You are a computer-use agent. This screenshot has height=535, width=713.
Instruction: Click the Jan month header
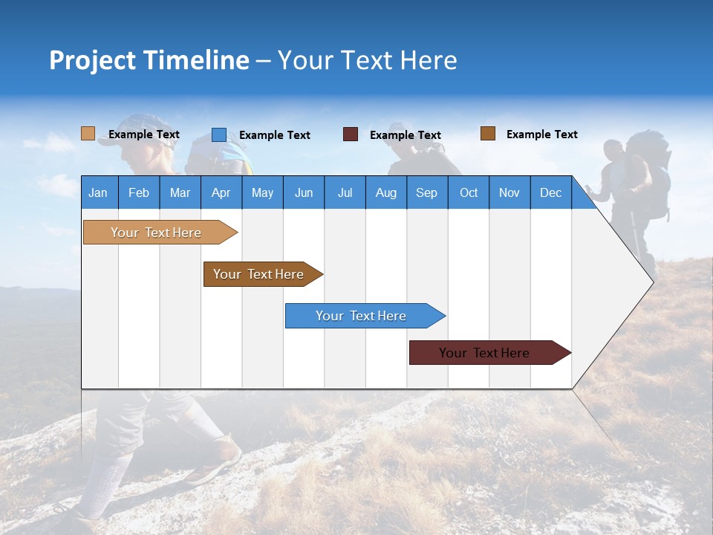click(x=98, y=192)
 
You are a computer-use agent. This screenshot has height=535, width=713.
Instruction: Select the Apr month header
click(x=221, y=192)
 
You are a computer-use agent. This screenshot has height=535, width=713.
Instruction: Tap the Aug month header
click(x=385, y=192)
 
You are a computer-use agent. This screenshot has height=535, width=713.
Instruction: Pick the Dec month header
click(x=550, y=192)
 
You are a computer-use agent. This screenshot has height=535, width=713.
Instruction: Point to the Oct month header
click(x=468, y=192)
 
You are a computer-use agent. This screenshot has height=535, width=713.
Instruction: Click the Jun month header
click(x=303, y=192)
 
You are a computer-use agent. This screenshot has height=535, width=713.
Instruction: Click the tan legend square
click(x=88, y=134)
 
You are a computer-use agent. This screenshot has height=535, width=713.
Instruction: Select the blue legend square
click(x=218, y=134)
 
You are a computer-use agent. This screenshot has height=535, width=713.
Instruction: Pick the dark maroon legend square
click(x=350, y=134)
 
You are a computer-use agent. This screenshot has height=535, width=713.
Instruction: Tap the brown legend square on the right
click(x=487, y=134)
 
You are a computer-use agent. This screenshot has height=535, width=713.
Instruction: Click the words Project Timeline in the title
click(x=149, y=60)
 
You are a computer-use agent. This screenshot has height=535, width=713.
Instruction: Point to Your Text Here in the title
click(x=367, y=60)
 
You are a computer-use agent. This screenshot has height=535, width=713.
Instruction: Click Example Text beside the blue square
click(x=274, y=135)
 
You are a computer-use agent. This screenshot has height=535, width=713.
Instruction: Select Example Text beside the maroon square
click(x=405, y=135)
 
